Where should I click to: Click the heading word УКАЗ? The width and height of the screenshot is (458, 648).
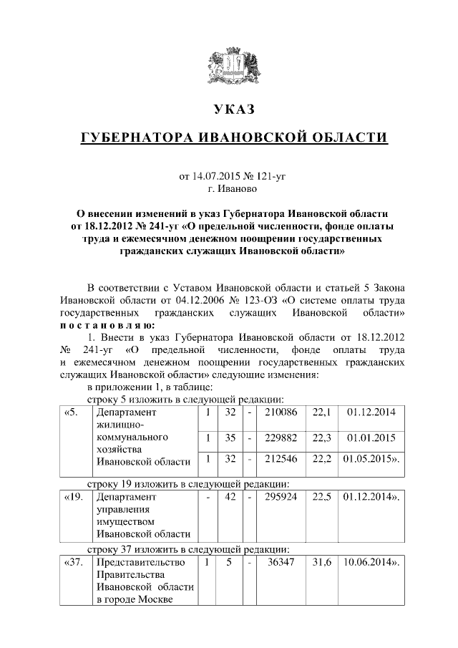click(x=233, y=109)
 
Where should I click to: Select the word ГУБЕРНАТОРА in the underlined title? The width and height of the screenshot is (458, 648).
click(x=137, y=137)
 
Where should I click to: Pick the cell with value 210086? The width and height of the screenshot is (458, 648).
click(x=281, y=412)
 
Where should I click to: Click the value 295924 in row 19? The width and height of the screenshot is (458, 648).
click(x=281, y=495)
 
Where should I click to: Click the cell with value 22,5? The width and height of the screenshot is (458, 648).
click(x=321, y=495)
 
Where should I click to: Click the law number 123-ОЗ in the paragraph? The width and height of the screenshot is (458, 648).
click(x=265, y=301)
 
